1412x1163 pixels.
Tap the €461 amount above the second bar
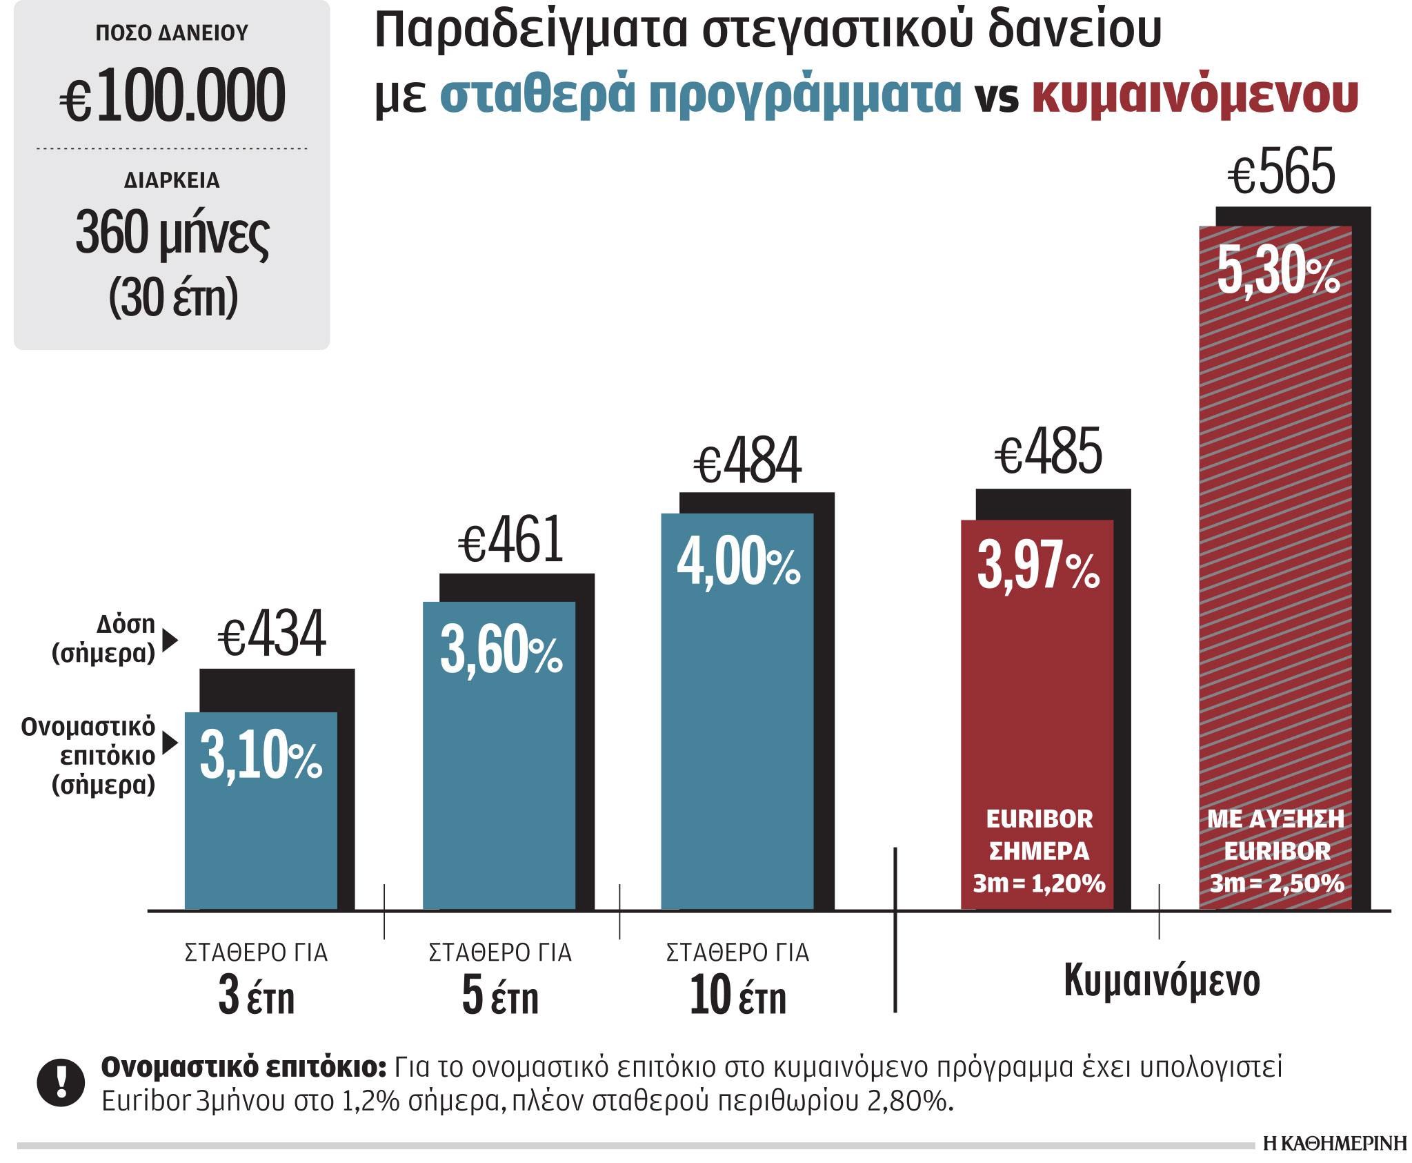(511, 540)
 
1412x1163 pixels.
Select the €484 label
(747, 460)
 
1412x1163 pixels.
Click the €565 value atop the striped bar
(1281, 173)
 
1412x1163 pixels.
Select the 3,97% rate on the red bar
(1038, 566)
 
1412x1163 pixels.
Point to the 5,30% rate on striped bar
(1277, 271)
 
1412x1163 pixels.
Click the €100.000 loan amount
(172, 96)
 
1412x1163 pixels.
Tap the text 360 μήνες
(172, 233)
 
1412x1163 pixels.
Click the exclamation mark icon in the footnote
(61, 1082)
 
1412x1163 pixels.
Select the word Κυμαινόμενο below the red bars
(1162, 981)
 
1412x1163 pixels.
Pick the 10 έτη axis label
(737, 996)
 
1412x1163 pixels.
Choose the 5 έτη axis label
(500, 996)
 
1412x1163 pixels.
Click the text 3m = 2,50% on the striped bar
(1276, 883)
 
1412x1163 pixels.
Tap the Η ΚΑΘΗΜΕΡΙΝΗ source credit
(1334, 1144)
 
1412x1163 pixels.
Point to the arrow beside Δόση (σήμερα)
(170, 641)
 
